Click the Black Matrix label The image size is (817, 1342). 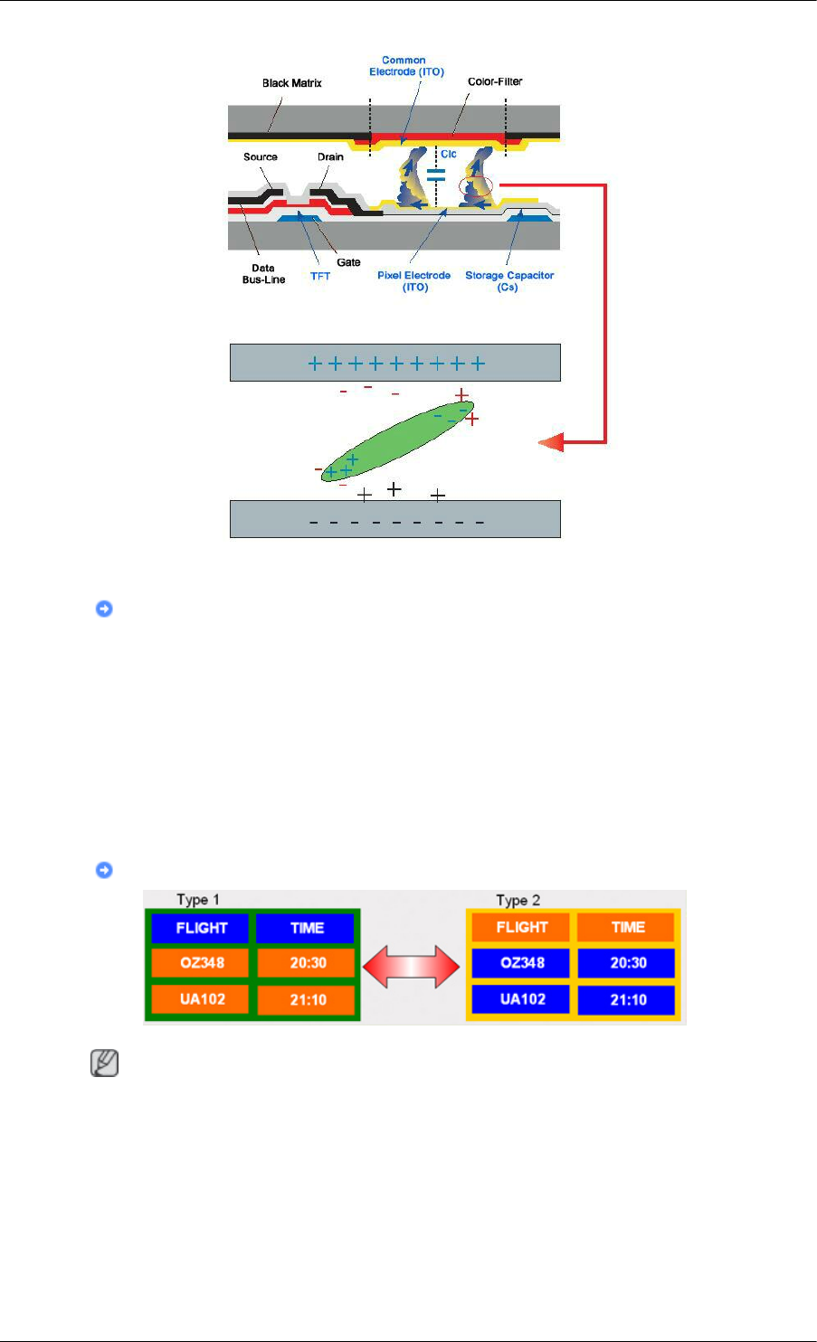click(291, 83)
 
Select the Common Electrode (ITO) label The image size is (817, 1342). click(406, 66)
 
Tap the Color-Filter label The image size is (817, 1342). click(495, 81)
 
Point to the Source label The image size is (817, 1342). click(261, 157)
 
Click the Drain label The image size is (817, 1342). click(330, 157)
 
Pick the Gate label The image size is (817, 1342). click(348, 262)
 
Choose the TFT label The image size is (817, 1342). click(320, 276)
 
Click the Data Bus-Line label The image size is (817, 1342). click(263, 274)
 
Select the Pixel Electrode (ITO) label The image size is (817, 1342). click(414, 281)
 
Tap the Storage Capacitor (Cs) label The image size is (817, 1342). click(509, 281)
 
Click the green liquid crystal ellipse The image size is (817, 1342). click(398, 440)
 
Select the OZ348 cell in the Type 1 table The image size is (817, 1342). click(202, 963)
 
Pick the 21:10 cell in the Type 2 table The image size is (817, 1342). click(627, 999)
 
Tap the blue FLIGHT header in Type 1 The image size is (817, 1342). click(202, 928)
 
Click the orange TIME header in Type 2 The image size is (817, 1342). click(627, 927)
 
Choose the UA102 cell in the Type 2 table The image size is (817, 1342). click(521, 999)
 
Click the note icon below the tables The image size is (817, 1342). click(104, 1065)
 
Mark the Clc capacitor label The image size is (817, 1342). click(449, 155)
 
